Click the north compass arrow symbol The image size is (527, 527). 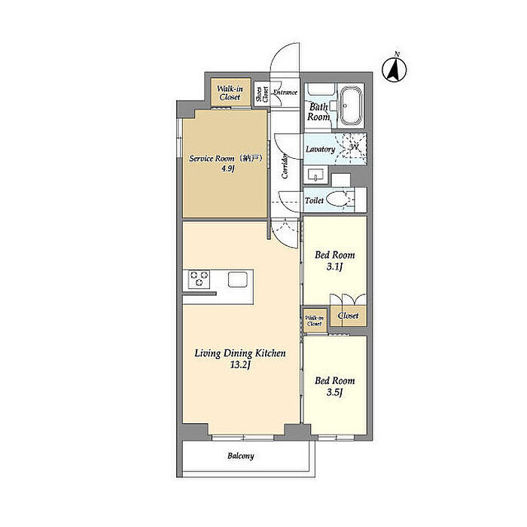pos(394,69)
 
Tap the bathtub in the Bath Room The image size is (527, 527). pos(352,105)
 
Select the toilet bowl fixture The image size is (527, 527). pos(337,200)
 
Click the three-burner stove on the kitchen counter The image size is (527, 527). pos(199,279)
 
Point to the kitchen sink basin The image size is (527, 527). pos(238,279)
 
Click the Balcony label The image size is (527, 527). pos(241,456)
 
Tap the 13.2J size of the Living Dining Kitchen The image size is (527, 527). pos(240,365)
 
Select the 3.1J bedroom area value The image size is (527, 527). pos(334,267)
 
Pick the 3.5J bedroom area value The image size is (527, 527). pos(334,392)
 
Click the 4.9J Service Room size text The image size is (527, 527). pos(228,169)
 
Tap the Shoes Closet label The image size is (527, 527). pos(262,94)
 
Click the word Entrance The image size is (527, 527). pos(285,92)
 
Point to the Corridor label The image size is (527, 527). pos(285,166)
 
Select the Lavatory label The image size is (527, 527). pos(320,149)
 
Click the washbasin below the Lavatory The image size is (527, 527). pos(315,175)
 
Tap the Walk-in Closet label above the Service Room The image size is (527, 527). pos(230,93)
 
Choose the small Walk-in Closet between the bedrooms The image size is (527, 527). pos(315,321)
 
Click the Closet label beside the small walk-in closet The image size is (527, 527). pos(348,315)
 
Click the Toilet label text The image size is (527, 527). pos(314,200)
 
